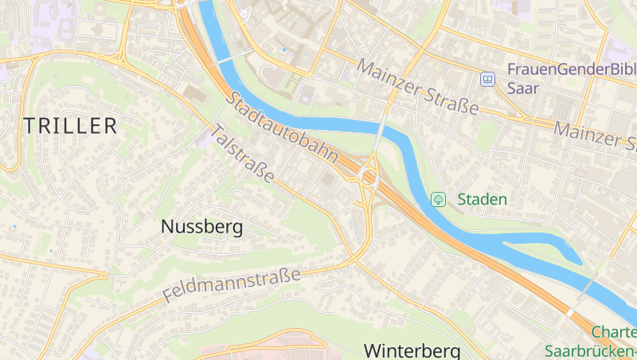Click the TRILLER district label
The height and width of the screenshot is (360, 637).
[70, 126]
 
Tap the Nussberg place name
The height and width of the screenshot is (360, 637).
[201, 227]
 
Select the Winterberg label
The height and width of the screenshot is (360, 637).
[412, 350]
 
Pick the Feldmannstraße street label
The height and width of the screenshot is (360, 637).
[232, 284]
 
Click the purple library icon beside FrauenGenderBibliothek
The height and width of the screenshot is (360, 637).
[487, 79]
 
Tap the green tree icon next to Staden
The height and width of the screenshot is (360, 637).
[437, 199]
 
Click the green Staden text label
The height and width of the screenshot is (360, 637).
[482, 199]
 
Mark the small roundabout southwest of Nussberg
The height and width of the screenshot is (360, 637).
[104, 276]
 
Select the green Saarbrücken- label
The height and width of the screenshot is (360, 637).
[590, 350]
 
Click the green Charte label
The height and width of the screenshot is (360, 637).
[613, 333]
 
